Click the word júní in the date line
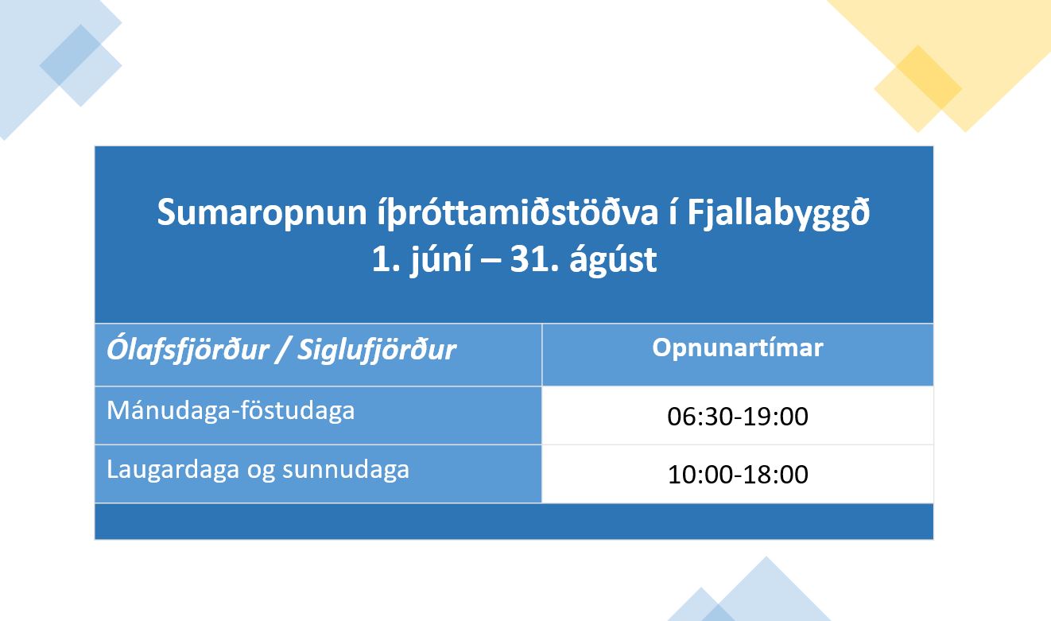[441, 259]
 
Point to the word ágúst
[613, 259]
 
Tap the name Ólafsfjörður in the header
[188, 350]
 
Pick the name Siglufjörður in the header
[377, 351]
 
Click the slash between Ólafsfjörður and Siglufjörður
[283, 350]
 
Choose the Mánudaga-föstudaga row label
[231, 411]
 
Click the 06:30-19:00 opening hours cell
[738, 417]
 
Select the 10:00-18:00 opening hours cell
[738, 475]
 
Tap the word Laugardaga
[173, 470]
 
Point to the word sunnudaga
[346, 470]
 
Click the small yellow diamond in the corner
[917, 89]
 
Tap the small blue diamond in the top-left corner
[81, 65]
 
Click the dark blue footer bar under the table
[514, 522]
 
